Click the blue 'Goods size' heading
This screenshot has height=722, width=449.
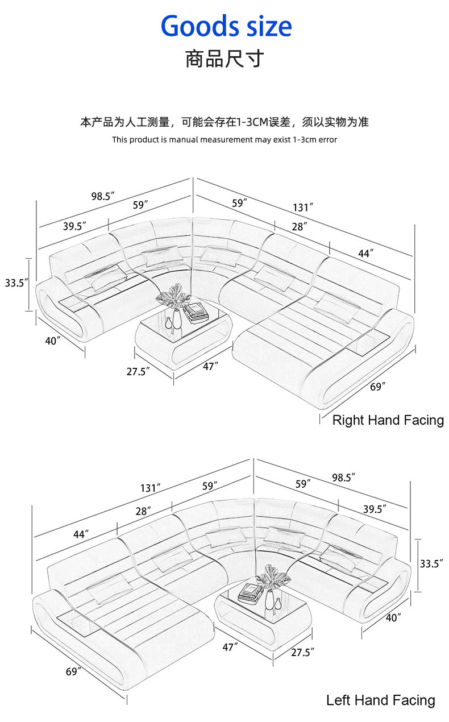coord(226,27)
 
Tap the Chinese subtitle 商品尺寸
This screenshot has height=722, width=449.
coord(224,59)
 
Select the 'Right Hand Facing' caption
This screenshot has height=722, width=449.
coord(388,420)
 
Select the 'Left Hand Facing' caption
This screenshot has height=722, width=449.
coord(380,700)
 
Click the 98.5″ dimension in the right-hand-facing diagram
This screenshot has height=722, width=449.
coord(103,196)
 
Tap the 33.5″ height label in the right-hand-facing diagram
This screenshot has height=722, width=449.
coord(16,282)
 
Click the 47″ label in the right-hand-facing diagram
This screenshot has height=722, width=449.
coord(210,367)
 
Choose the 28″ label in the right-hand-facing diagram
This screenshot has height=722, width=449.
coord(300,226)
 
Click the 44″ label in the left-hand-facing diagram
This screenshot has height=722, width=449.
coord(81,534)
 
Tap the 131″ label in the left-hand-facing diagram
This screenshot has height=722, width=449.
coord(151,488)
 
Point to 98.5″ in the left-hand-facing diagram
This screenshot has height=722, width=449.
coord(343,477)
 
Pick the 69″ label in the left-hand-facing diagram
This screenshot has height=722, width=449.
coord(73,671)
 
